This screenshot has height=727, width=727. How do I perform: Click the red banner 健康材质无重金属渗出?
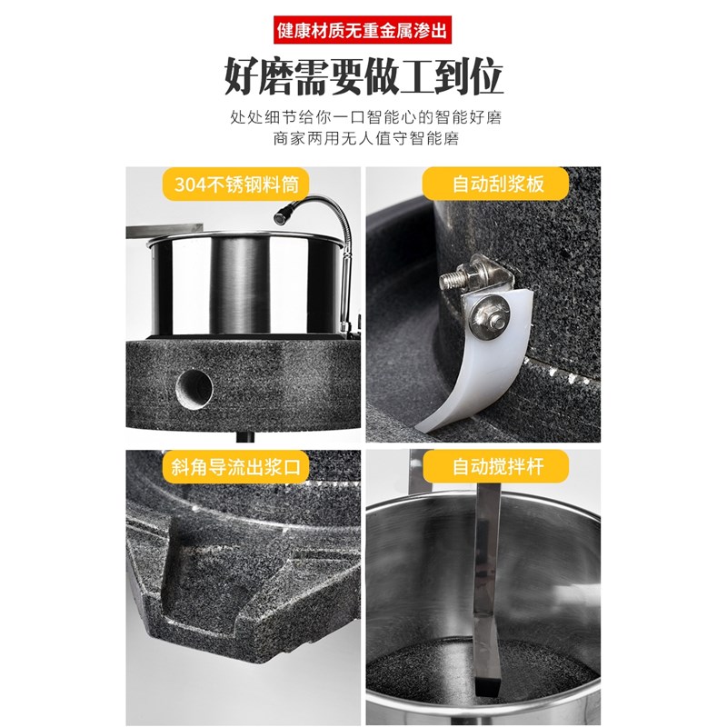pyautogui.click(x=363, y=30)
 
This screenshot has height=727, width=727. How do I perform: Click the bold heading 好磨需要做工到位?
pyautogui.click(x=363, y=79)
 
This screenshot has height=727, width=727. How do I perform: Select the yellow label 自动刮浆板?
pyautogui.click(x=498, y=184)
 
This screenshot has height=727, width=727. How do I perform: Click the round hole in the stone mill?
pyautogui.click(x=194, y=389)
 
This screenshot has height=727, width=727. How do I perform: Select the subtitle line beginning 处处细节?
pyautogui.click(x=363, y=119)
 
